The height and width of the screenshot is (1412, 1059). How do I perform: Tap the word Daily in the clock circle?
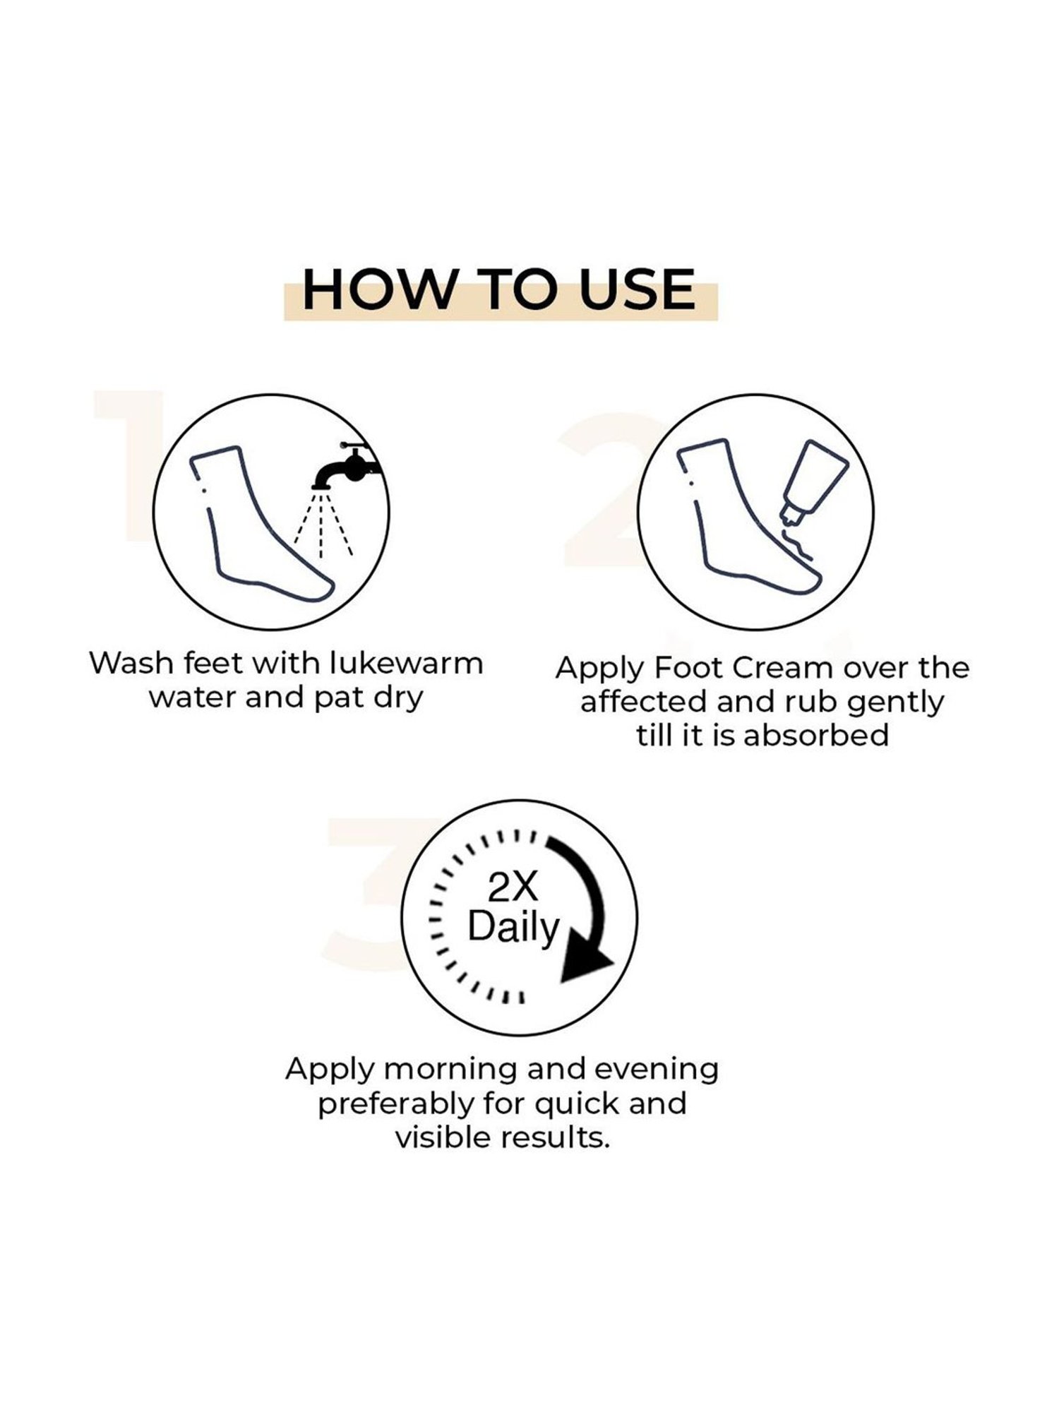tap(513, 926)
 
